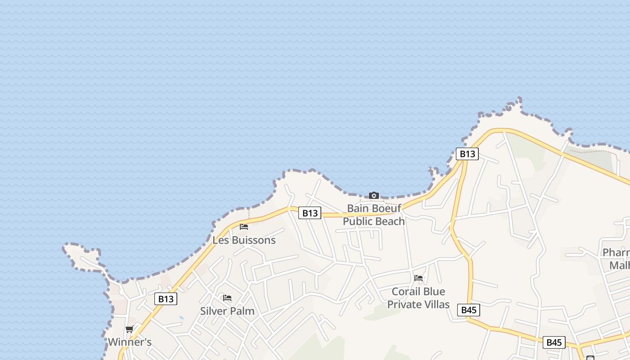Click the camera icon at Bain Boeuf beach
click(x=373, y=195)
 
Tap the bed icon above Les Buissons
click(x=244, y=226)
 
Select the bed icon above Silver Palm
click(x=227, y=297)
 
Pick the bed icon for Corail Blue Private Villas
click(x=418, y=278)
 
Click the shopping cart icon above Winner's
click(x=130, y=329)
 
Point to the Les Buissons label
click(x=244, y=240)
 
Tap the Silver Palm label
click(x=227, y=311)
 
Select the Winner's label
click(x=130, y=342)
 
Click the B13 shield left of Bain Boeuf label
click(x=310, y=213)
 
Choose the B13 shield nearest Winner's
click(x=166, y=299)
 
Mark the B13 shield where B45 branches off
click(x=467, y=154)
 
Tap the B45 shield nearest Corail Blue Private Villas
click(x=468, y=310)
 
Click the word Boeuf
click(x=387, y=208)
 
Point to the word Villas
click(x=435, y=305)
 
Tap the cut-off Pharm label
click(x=616, y=252)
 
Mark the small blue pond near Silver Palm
click(x=181, y=317)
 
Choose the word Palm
click(x=243, y=311)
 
